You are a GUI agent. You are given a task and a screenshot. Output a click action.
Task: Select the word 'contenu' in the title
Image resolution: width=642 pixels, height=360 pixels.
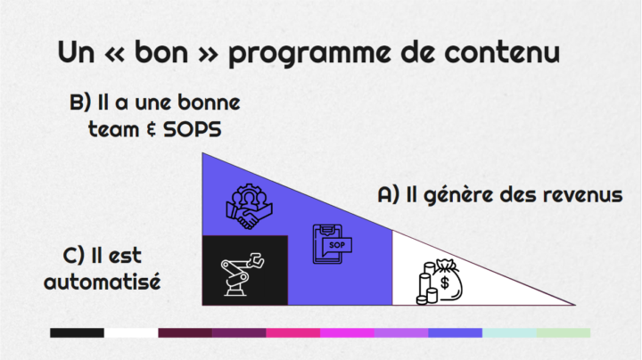pos(502,52)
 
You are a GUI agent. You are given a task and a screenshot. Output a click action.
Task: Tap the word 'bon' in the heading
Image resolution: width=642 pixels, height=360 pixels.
pos(161,52)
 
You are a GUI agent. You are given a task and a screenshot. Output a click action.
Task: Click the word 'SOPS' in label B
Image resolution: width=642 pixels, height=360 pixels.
pos(193,130)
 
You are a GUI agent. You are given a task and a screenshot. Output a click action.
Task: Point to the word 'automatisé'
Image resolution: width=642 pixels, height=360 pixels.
pos(103,282)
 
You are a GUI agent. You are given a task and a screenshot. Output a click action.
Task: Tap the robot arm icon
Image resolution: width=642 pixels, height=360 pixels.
pos(243,274)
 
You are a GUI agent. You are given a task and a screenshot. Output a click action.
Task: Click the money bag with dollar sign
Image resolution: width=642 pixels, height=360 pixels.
pos(447,280)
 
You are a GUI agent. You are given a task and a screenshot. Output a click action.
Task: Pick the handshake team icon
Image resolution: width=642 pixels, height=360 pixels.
pos(249,206)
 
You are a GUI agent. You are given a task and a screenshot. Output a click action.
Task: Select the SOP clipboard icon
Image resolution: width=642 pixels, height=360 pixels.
pos(332,244)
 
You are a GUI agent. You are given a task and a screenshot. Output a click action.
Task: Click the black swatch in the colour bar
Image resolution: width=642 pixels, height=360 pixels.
pos(77,332)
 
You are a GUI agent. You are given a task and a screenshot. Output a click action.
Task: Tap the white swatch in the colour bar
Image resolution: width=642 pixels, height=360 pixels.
pos(131,332)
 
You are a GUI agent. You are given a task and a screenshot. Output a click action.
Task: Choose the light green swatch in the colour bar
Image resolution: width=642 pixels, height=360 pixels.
pos(564,332)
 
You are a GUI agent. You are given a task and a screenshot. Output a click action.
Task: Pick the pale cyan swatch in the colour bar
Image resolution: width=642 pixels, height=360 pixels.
pos(509,332)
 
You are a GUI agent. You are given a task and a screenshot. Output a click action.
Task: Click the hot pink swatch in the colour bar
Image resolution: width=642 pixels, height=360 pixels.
pos(293,332)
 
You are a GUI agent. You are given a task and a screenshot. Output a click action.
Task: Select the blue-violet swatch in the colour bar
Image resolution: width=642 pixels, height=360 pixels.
pos(456,332)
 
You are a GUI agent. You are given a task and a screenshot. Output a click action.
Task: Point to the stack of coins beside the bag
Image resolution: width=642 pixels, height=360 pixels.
pos(427,284)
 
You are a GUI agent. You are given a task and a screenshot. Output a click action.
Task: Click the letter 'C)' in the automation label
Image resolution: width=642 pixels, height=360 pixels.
pos(74,256)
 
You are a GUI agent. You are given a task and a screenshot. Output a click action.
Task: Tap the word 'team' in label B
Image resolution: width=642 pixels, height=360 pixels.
pos(114,130)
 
